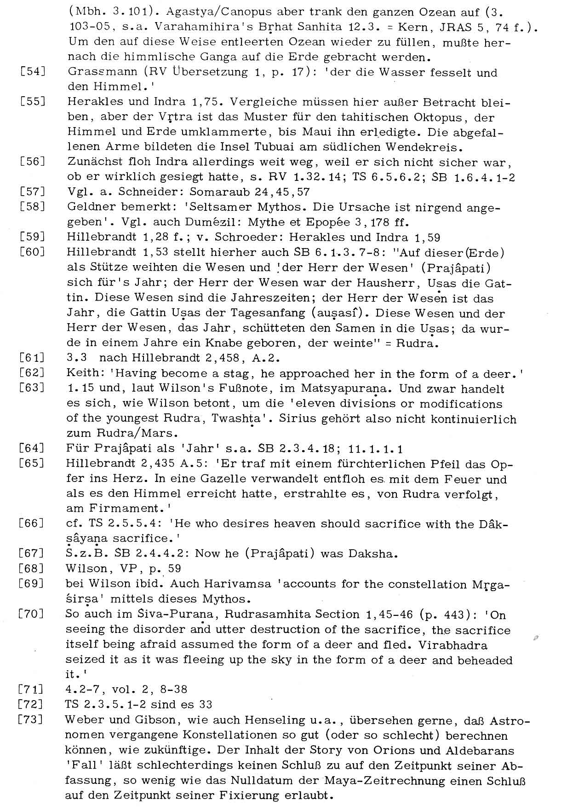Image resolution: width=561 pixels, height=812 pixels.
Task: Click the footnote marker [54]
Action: tap(32, 72)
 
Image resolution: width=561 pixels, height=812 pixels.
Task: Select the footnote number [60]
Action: tap(32, 252)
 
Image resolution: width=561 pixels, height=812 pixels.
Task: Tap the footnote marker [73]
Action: tap(32, 719)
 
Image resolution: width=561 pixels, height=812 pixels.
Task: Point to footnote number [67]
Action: tap(32, 553)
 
